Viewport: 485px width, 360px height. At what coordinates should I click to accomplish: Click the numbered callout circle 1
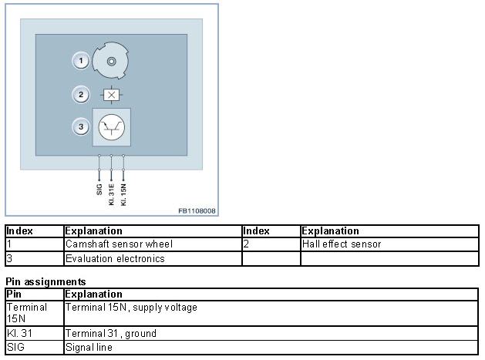80,60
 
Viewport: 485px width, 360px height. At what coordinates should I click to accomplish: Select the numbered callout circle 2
80,96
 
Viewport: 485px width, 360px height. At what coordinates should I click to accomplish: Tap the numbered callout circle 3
80,126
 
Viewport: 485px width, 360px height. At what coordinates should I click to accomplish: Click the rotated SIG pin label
99,188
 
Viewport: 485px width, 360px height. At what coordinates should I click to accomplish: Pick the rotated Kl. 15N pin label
123,192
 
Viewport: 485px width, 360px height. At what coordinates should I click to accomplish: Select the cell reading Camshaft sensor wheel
119,244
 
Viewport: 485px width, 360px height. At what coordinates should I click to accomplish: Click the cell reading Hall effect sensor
342,244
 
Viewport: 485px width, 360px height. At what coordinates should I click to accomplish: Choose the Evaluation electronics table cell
115,259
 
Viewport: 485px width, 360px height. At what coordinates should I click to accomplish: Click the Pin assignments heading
45,282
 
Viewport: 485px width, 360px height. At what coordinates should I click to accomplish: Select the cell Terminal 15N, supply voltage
131,308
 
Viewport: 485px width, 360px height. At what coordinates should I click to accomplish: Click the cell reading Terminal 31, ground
111,334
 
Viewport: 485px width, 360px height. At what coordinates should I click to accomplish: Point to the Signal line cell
89,348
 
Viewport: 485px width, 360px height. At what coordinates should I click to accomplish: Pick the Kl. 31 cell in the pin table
17,334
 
